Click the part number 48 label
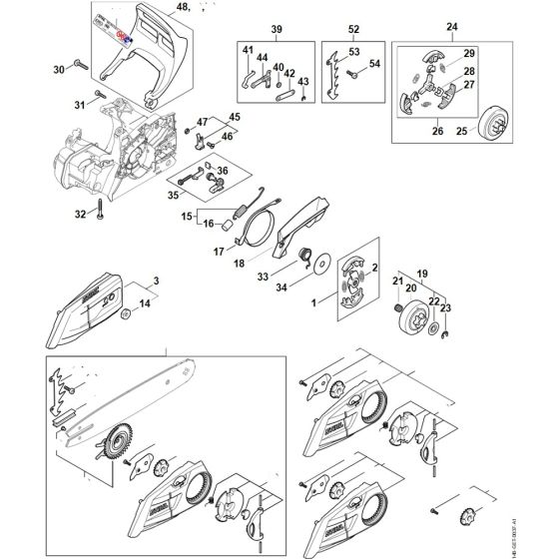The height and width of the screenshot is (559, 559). click(181, 8)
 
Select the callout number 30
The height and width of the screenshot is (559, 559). click(59, 69)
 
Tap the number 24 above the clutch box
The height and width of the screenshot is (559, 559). click(451, 27)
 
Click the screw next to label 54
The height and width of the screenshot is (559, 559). click(335, 71)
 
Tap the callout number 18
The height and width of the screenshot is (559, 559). click(238, 263)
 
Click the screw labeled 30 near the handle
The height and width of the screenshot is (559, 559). click(85, 68)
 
